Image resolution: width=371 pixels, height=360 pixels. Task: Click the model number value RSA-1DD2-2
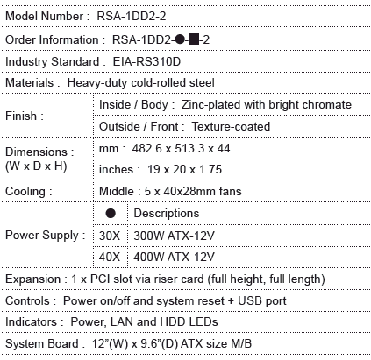tap(132, 16)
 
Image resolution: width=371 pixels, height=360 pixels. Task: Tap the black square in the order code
tap(194, 39)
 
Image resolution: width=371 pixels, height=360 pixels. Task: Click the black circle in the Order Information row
tap(180, 39)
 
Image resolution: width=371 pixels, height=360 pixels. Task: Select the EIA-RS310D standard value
tap(146, 61)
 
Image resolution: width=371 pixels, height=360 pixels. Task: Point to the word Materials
tap(30, 82)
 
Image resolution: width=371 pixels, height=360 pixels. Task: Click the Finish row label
tap(25, 116)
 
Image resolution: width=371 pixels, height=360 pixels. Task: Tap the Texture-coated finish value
tap(231, 126)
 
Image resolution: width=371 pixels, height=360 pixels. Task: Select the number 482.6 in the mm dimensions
tap(146, 148)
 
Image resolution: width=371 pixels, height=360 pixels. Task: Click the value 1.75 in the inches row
tap(210, 169)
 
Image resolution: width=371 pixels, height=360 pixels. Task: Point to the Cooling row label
tap(29, 192)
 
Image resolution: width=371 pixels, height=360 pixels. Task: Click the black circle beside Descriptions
tap(111, 214)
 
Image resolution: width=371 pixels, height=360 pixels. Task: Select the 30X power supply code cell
tap(110, 236)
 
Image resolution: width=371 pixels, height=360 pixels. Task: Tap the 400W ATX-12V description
tap(174, 257)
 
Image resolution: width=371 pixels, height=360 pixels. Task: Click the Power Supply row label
tap(46, 236)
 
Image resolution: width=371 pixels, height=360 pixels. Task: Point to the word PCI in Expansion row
tap(100, 279)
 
